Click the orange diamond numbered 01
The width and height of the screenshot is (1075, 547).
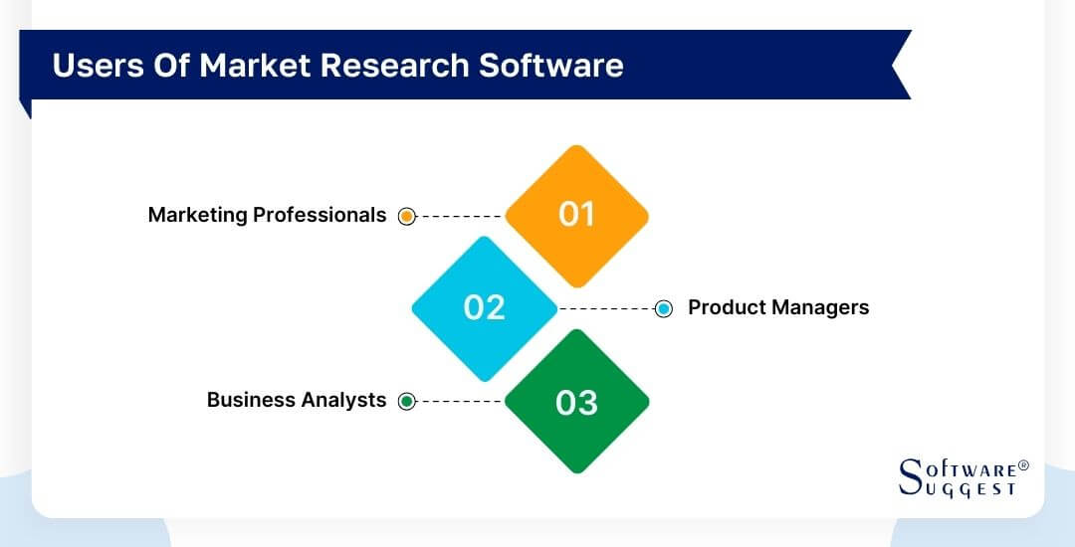pos(576,215)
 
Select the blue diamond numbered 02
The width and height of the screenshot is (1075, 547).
pos(485,308)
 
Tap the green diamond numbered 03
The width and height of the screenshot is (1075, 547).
pos(576,402)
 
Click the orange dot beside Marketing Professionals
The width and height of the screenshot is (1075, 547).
pos(406,216)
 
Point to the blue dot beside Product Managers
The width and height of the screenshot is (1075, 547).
pos(664,309)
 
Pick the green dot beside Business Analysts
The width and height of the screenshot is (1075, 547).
pos(406,401)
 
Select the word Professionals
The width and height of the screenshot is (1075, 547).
pos(322,215)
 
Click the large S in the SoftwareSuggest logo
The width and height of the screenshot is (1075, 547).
pos(910,476)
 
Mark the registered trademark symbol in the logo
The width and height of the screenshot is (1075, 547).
pos(1023,465)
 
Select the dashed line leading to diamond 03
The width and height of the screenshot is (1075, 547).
pos(460,401)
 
